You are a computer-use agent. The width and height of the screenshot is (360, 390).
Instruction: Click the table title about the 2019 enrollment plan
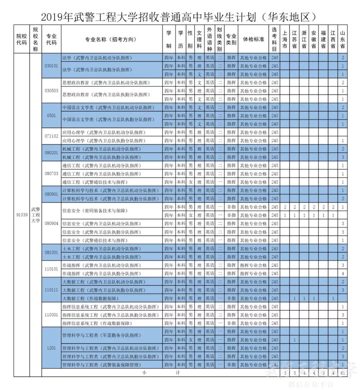pos(178,17)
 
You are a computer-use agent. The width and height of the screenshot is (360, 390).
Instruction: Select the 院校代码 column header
pos(22,39)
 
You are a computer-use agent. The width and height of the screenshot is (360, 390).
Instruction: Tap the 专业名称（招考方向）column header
pos(111,39)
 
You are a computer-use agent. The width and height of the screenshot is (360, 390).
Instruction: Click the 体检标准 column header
pos(253,39)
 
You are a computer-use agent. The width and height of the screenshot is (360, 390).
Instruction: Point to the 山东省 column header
pos(342,39)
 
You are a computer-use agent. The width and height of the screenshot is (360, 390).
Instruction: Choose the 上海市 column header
pos(285,39)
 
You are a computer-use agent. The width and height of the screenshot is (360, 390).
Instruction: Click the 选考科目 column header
pos(274,39)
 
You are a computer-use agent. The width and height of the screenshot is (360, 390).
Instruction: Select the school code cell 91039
pos(22,215)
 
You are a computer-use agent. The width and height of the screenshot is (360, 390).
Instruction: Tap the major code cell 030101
pos(51,66)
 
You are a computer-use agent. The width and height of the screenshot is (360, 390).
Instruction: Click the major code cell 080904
pos(51,223)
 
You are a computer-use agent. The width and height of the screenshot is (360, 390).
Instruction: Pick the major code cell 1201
pos(51,348)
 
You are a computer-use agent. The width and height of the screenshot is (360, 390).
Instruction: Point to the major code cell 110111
pos(51,290)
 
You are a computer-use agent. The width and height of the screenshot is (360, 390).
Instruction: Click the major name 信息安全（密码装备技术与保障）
pos(95,211)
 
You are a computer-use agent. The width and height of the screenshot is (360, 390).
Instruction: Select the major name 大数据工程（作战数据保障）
pos(90,298)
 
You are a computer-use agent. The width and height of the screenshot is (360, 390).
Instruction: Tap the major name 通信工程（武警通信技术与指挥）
pos(95,182)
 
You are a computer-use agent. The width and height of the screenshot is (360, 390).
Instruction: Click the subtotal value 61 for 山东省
pos(342,373)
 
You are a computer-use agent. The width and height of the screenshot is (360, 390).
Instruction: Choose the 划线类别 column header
pos(219,39)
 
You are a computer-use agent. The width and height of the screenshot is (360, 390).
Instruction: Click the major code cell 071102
pos(51,136)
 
